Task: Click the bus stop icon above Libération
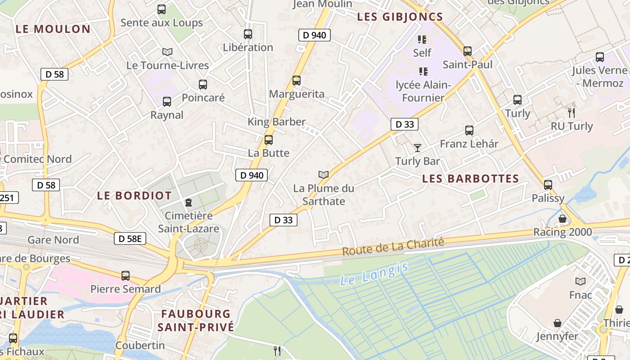click(247, 34)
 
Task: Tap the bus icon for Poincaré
click(203, 85)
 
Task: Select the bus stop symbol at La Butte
click(269, 140)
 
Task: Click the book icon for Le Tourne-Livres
click(167, 52)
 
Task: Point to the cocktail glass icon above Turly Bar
click(418, 148)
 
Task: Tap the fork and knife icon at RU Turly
click(571, 112)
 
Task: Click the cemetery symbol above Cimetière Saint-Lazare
click(189, 202)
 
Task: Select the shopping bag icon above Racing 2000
click(562, 219)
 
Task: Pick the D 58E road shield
click(130, 238)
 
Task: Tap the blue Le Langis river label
click(374, 274)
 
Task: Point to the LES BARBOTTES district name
click(470, 179)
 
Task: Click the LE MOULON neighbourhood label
click(53, 29)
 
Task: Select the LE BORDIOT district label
click(134, 196)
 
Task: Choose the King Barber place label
click(276, 121)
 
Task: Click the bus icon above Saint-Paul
click(468, 51)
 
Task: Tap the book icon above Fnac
click(580, 282)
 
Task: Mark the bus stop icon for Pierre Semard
click(126, 276)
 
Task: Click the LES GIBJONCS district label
click(400, 17)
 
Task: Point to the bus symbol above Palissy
click(548, 185)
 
